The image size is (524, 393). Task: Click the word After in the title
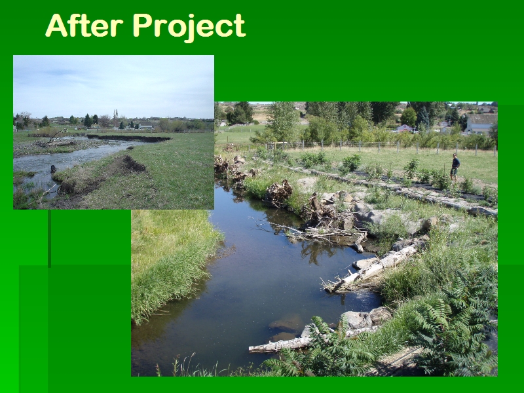[x=84, y=26]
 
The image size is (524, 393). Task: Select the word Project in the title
[x=189, y=28]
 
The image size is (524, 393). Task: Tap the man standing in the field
[x=455, y=167]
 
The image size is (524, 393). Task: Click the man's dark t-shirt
[x=455, y=163]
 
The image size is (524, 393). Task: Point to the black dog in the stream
[x=53, y=169]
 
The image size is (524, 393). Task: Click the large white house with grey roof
[x=480, y=124]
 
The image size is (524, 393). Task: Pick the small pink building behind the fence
[x=405, y=128]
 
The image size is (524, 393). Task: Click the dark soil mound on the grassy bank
[x=133, y=164]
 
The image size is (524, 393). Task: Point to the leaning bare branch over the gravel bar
[x=58, y=135]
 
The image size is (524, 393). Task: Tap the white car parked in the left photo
[x=77, y=128]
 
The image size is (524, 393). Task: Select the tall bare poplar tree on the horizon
[x=116, y=118]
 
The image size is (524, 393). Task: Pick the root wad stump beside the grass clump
[x=279, y=192]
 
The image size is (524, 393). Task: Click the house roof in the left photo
[x=145, y=126]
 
